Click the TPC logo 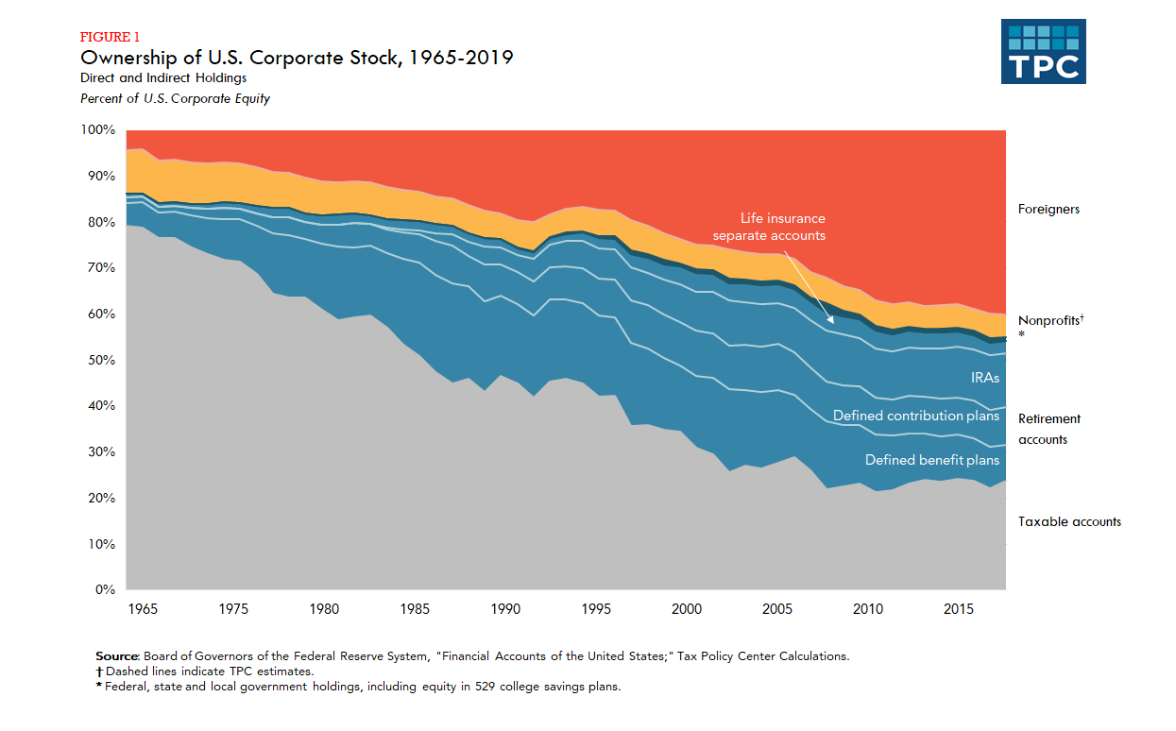(1043, 51)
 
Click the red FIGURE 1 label (109, 38)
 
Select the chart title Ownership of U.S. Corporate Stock (297, 59)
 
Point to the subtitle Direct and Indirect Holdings (163, 78)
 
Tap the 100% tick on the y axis (98, 129)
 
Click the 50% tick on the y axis (101, 360)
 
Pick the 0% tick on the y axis (105, 590)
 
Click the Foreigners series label (1048, 210)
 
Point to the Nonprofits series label (1048, 321)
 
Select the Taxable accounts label (1069, 521)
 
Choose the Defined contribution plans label (915, 416)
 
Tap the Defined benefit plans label (932, 460)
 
